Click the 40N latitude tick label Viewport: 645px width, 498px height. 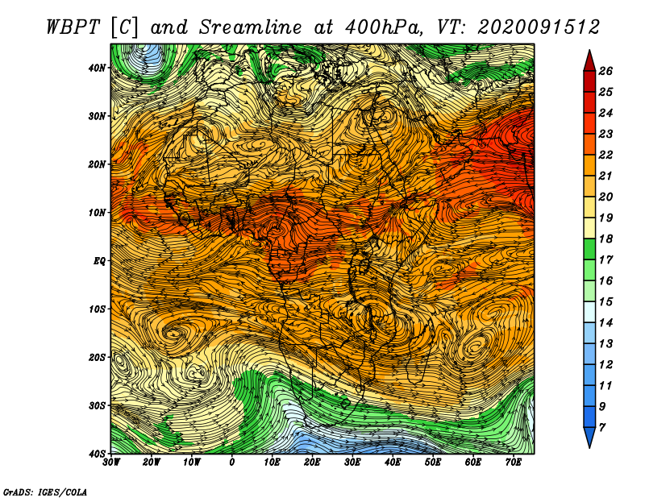tap(97, 68)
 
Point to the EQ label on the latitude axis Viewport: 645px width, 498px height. tap(99, 261)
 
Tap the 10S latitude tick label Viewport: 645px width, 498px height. tap(97, 309)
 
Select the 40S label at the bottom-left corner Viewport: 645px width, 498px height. tap(97, 454)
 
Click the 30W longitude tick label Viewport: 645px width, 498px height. tap(111, 463)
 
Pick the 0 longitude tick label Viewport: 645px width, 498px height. tap(232, 463)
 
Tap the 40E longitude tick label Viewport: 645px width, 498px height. tap(393, 463)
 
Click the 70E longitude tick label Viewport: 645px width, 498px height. tap(514, 463)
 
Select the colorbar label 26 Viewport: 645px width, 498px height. tap(605, 71)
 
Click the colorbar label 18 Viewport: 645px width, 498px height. tap(605, 239)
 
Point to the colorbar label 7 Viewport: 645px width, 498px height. tap(601, 428)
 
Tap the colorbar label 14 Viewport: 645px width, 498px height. tap(605, 323)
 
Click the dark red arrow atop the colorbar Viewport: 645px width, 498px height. tap(589, 61)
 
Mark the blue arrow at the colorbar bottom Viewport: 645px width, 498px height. tap(589, 438)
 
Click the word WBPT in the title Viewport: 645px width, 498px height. tap(73, 27)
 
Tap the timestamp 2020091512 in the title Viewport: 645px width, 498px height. tap(539, 27)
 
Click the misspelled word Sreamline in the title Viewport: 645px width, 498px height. tap(251, 27)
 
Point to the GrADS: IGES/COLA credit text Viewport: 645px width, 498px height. tap(45, 492)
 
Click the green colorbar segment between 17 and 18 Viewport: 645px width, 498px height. tap(589, 249)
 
